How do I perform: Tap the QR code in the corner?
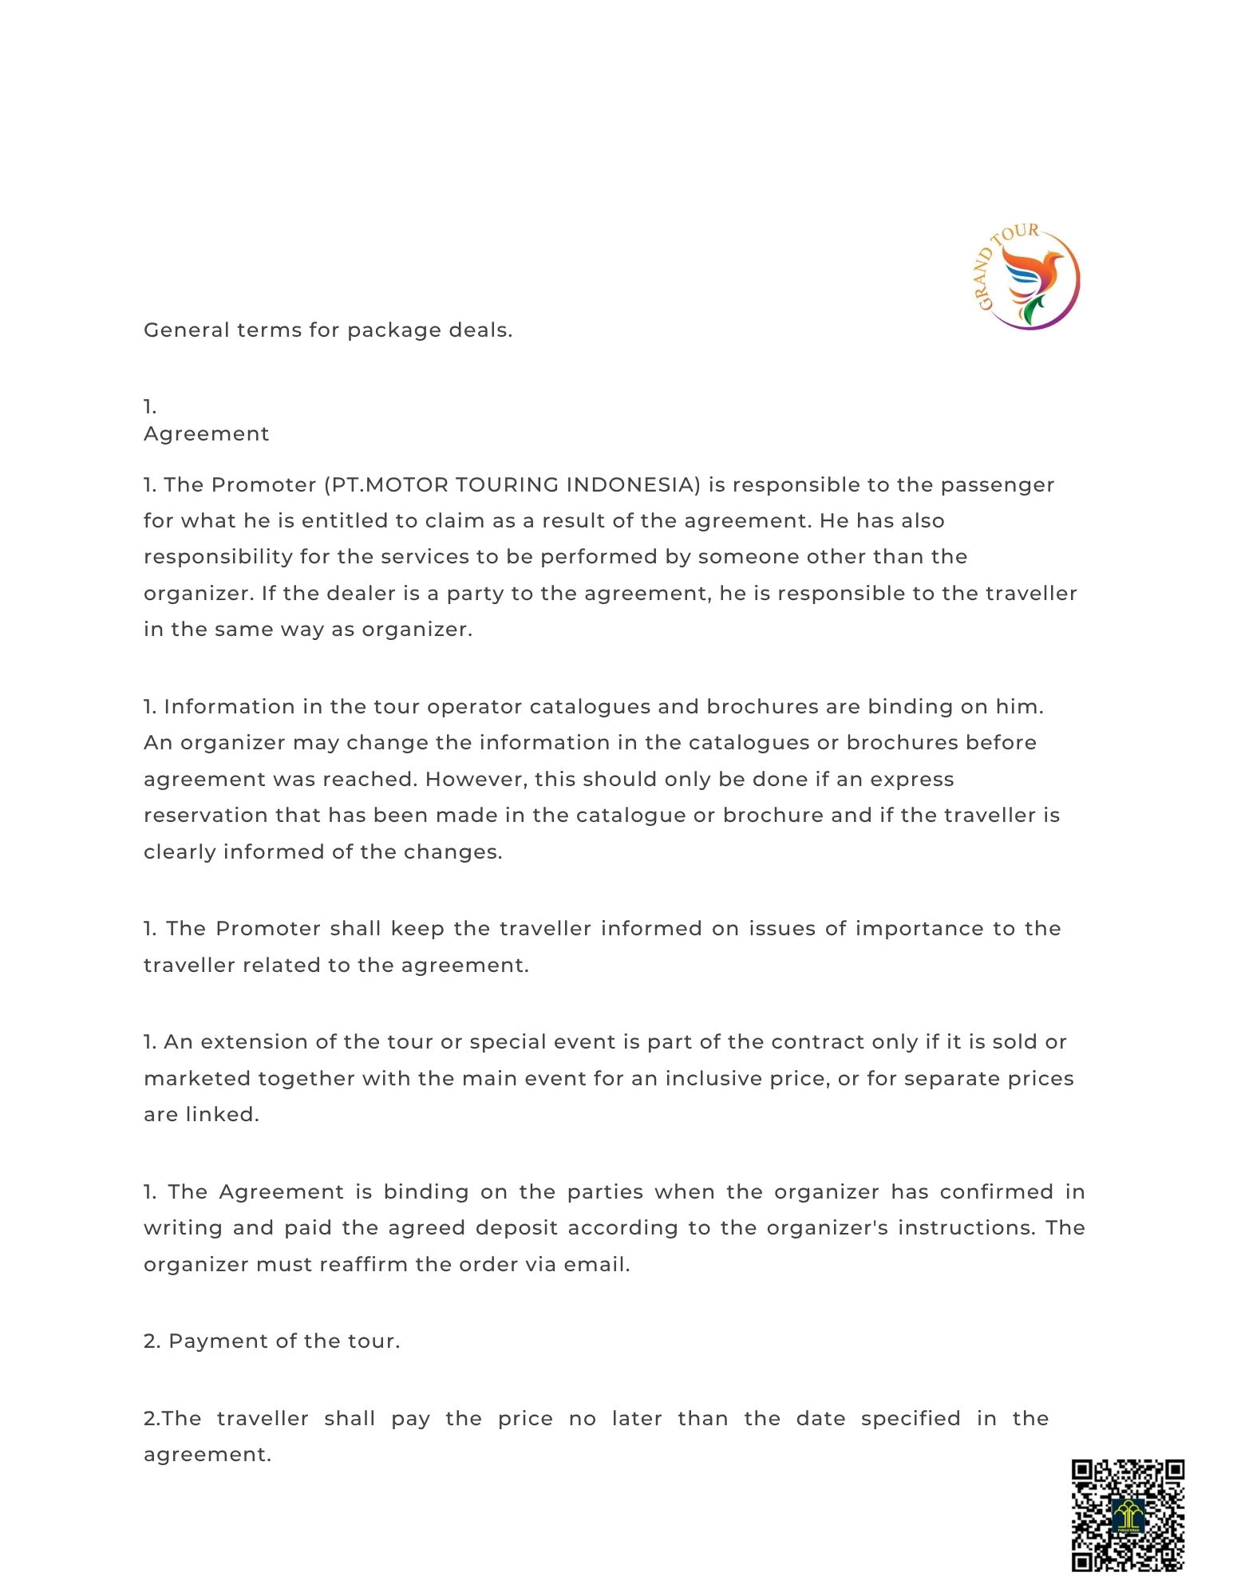click(1127, 1515)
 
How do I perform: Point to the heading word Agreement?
click(206, 433)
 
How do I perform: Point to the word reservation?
click(205, 815)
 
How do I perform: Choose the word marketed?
click(196, 1078)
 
